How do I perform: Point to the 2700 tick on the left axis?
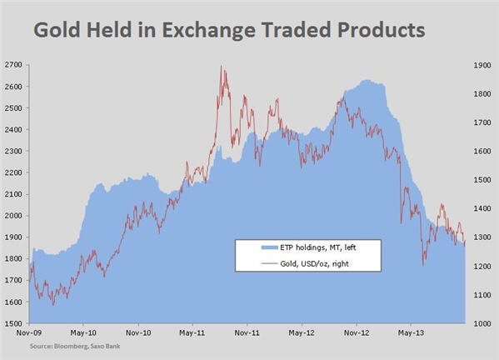point(14,65)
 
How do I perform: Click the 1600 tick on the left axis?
point(14,302)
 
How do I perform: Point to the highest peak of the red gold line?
point(221,67)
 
